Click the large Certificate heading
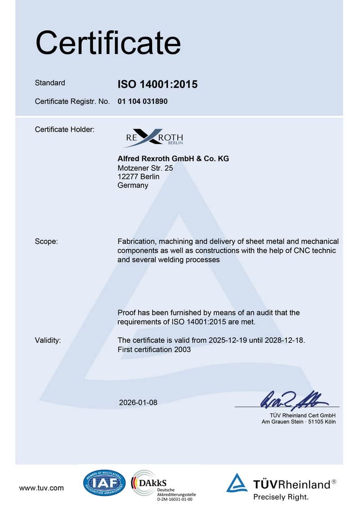coord(108,43)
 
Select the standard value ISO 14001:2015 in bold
coord(157,84)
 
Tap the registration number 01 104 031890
coord(143,102)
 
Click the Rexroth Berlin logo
coord(153,137)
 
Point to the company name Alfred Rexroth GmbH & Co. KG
coord(173,159)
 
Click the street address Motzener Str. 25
coord(145,168)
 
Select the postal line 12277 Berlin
coord(139,176)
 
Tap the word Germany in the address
coord(133,185)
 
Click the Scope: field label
coord(46,242)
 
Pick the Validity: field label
coord(48,340)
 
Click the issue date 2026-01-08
coord(138,402)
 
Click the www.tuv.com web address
coord(41,488)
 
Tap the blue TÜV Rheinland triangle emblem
coord(237,483)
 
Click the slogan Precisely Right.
coord(281,497)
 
